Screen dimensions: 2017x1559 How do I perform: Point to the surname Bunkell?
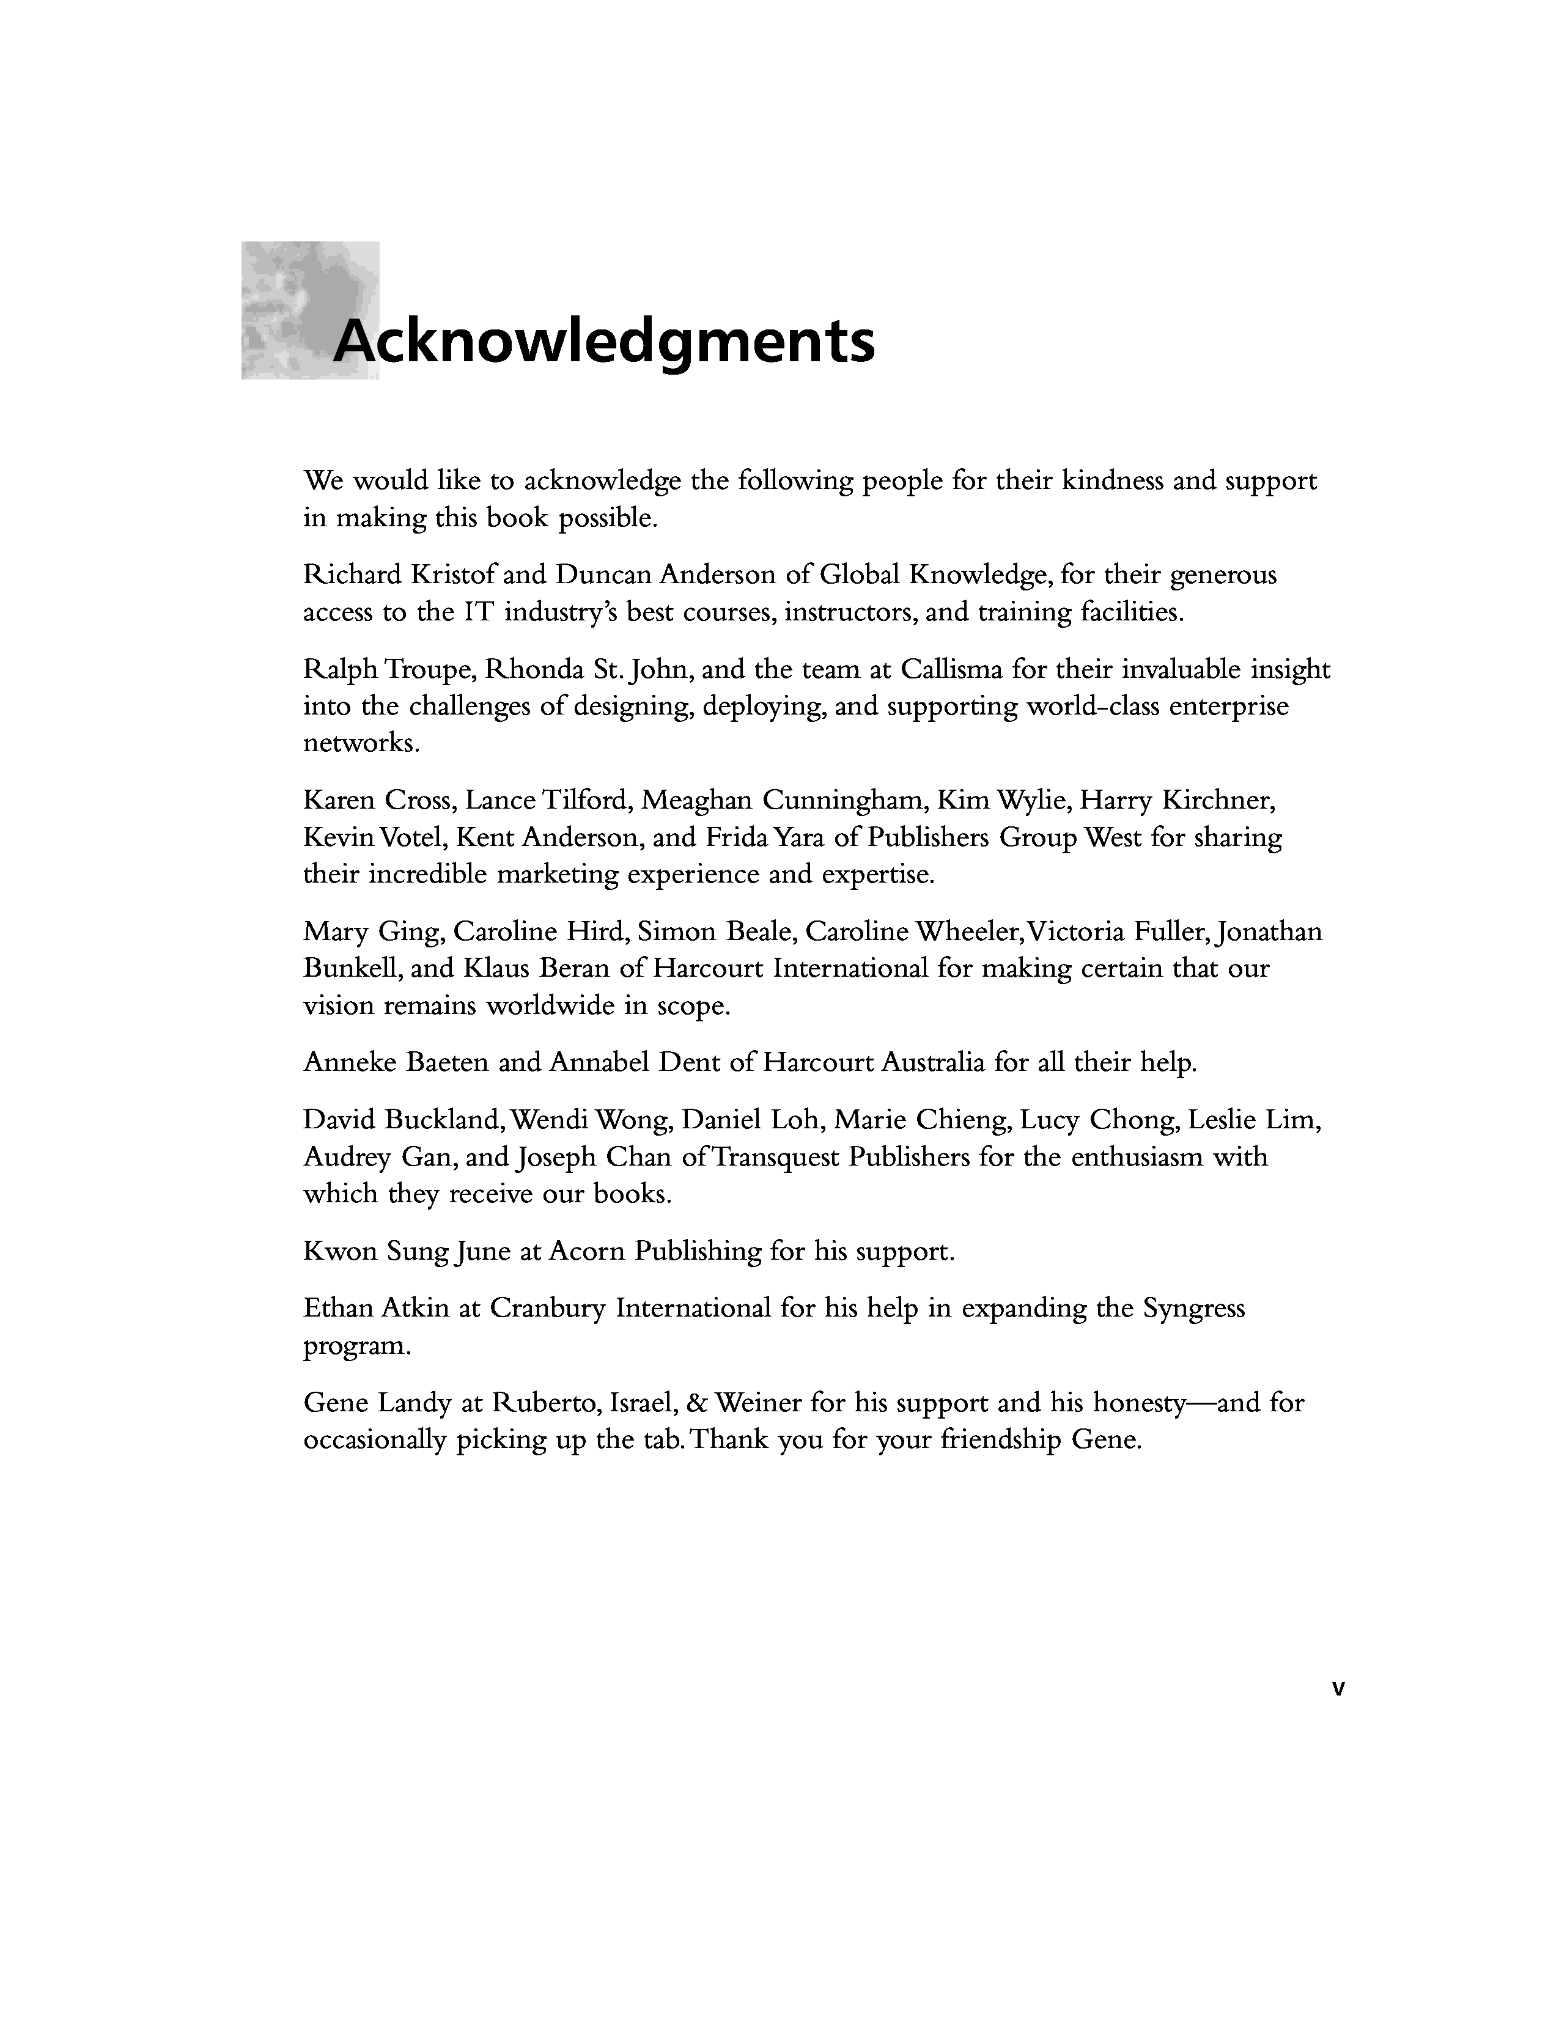(x=351, y=969)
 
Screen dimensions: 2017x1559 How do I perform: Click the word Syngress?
(x=1194, y=1309)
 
